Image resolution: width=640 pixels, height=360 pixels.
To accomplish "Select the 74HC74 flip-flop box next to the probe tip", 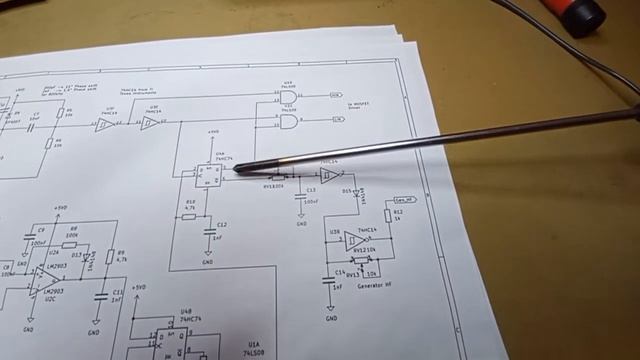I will [x=207, y=176].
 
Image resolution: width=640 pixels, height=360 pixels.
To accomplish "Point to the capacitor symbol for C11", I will [x=101, y=296].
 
